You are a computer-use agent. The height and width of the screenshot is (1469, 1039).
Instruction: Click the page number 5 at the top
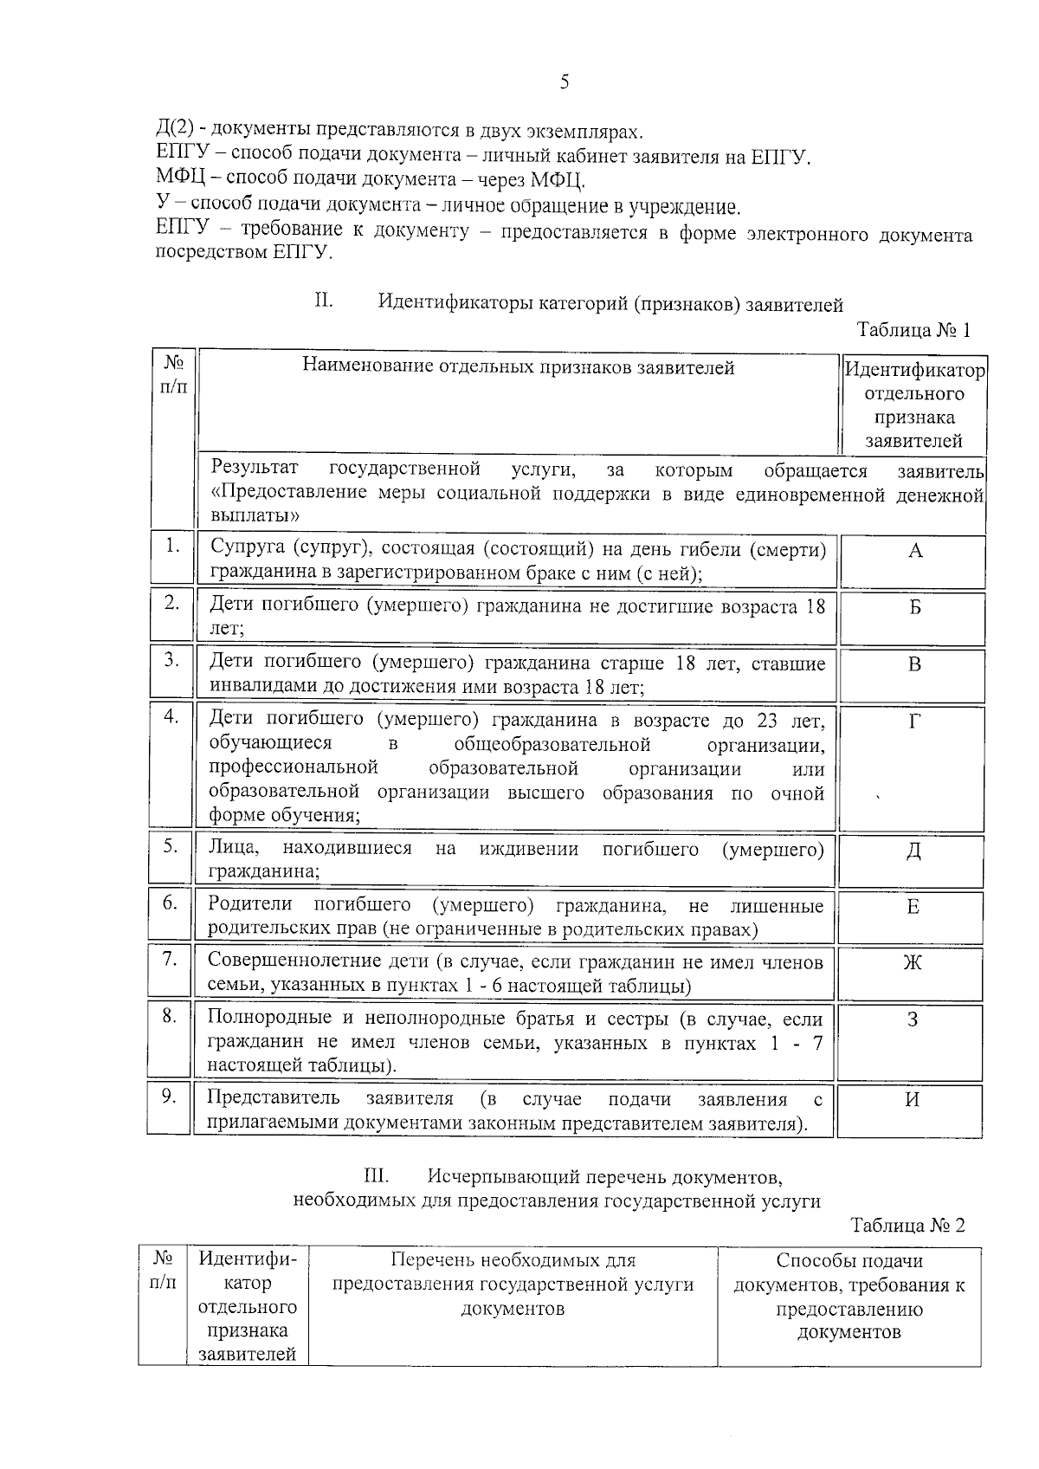click(565, 82)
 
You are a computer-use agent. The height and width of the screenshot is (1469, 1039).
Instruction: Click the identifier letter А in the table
click(915, 552)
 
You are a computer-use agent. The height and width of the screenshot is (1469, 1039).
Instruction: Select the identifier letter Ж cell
click(913, 963)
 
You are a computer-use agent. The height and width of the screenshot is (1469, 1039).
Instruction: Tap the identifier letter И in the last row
click(913, 1100)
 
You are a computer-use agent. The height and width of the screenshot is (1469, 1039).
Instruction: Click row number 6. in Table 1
click(171, 903)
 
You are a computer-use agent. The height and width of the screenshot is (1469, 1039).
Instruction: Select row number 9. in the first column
click(170, 1097)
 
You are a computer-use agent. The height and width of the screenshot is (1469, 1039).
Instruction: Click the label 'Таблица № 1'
click(913, 330)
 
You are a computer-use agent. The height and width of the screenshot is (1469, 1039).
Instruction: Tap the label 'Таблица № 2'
click(907, 1226)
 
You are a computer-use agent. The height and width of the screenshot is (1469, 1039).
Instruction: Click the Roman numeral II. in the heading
click(323, 302)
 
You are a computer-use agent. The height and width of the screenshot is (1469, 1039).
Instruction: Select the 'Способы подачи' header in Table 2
click(849, 1261)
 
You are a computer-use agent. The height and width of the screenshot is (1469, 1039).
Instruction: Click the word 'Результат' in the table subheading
click(255, 469)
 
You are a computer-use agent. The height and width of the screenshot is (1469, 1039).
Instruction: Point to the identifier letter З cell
click(913, 1019)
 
